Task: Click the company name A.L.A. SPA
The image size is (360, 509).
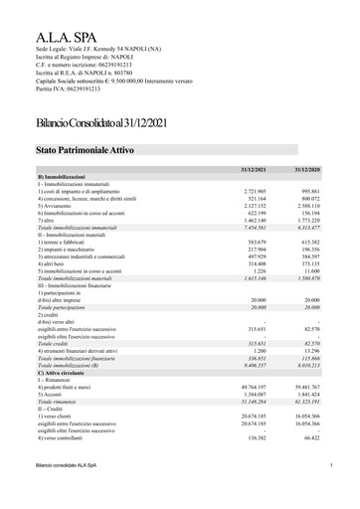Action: coord(61,37)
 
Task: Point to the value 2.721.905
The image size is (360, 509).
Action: coord(262,190)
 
